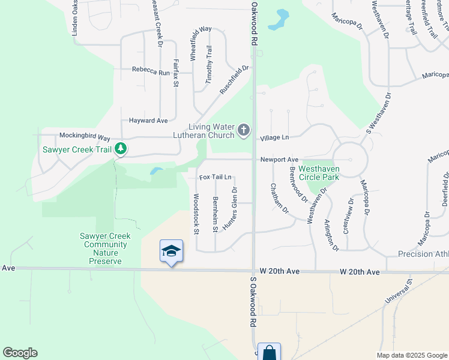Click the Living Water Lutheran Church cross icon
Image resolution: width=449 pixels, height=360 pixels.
(243, 130)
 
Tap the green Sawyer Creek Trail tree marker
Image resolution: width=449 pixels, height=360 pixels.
(121, 148)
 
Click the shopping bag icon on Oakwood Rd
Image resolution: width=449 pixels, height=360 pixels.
(269, 353)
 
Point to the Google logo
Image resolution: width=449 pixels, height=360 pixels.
(20, 353)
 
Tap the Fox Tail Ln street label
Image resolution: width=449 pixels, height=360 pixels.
(215, 177)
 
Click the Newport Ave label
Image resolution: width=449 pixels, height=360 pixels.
(279, 160)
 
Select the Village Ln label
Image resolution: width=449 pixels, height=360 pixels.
(274, 137)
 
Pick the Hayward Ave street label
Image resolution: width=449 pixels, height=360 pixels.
(148, 121)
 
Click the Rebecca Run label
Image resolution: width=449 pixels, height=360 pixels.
(151, 72)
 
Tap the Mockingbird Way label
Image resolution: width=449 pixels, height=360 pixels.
(85, 136)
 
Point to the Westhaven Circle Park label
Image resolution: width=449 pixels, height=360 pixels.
(319, 173)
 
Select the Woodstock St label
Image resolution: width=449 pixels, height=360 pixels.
(196, 213)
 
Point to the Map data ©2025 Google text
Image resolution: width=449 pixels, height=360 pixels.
(411, 355)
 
